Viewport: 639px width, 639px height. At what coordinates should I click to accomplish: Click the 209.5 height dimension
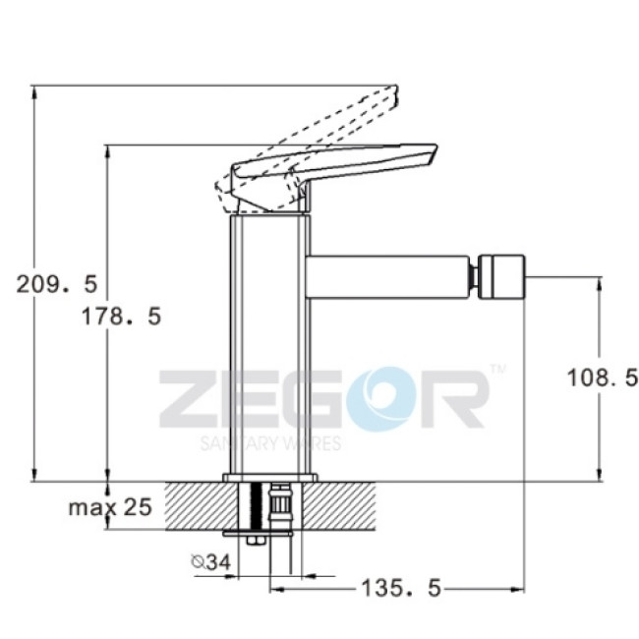pos(57,284)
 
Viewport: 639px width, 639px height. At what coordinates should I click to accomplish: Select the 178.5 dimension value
pos(122,316)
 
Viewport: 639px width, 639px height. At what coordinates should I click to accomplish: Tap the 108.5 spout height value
pos(602,378)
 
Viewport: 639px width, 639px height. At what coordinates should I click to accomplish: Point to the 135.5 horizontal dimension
pos(401,588)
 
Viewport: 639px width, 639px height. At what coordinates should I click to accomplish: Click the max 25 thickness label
pos(110,507)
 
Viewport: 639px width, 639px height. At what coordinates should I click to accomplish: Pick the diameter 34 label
pos(211,562)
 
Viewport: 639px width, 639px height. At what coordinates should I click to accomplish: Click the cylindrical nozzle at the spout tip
pos(501,276)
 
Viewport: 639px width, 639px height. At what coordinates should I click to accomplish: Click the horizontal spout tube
pos(387,277)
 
